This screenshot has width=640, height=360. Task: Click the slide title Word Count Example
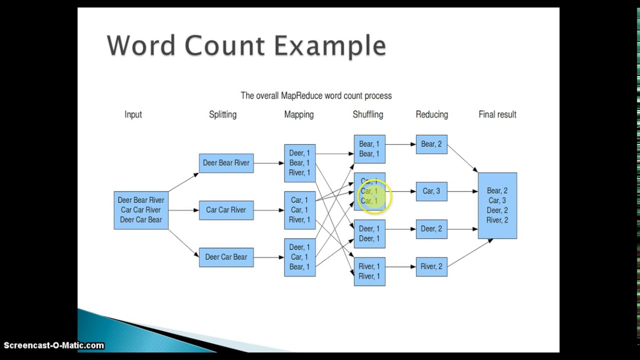coord(246,46)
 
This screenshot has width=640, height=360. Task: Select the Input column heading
coord(133,114)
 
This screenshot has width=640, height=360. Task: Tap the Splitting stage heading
coord(222,114)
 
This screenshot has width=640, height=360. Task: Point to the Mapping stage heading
coord(299,114)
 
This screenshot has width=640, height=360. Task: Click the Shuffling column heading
coord(367,114)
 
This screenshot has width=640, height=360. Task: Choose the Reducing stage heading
coord(431,114)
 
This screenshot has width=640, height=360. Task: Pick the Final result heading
coord(497,114)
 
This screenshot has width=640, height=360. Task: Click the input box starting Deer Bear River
coord(141,210)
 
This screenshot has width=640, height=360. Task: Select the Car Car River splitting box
coord(226,210)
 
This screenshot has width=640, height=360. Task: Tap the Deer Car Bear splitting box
coord(226,257)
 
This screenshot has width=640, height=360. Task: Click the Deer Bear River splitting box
coord(226,163)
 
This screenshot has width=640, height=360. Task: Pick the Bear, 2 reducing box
coord(431,144)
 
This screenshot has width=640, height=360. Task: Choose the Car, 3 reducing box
coord(431,191)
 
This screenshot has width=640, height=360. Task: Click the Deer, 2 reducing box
coord(431,229)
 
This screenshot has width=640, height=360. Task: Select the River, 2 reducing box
coord(431,266)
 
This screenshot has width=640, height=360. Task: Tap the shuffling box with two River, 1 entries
coord(369,271)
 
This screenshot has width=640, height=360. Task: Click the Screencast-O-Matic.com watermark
coord(53,345)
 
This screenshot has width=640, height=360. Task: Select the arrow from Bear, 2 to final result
coord(462,158)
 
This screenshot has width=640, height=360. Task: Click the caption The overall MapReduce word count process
coord(316,95)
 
